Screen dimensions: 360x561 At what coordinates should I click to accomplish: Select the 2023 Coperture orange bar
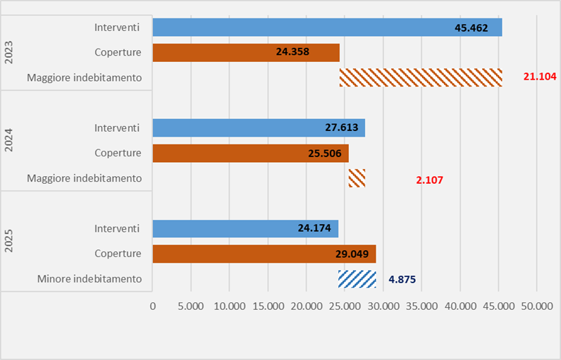tap(246, 53)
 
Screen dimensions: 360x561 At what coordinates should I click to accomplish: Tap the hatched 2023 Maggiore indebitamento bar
tap(421, 77)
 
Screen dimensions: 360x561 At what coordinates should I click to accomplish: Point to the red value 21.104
tap(540, 77)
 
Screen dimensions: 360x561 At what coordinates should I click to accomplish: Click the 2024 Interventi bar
tap(259, 128)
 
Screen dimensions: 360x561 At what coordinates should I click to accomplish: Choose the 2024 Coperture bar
tap(250, 154)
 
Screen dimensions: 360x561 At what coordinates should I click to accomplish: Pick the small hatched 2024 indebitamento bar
tap(357, 178)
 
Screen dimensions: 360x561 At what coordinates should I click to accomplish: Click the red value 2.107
tap(429, 180)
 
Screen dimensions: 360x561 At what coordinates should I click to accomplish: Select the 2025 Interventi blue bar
tap(245, 228)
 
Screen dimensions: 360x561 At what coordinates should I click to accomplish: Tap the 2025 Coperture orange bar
tap(264, 254)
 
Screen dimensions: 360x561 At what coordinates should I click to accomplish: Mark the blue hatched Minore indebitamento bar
tap(357, 279)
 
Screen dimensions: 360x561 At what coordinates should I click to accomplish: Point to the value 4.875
tap(402, 279)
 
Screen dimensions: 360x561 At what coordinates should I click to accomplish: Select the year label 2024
tap(9, 141)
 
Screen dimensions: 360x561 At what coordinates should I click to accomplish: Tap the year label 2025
tap(9, 241)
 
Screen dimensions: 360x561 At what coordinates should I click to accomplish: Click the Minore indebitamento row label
tap(90, 279)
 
